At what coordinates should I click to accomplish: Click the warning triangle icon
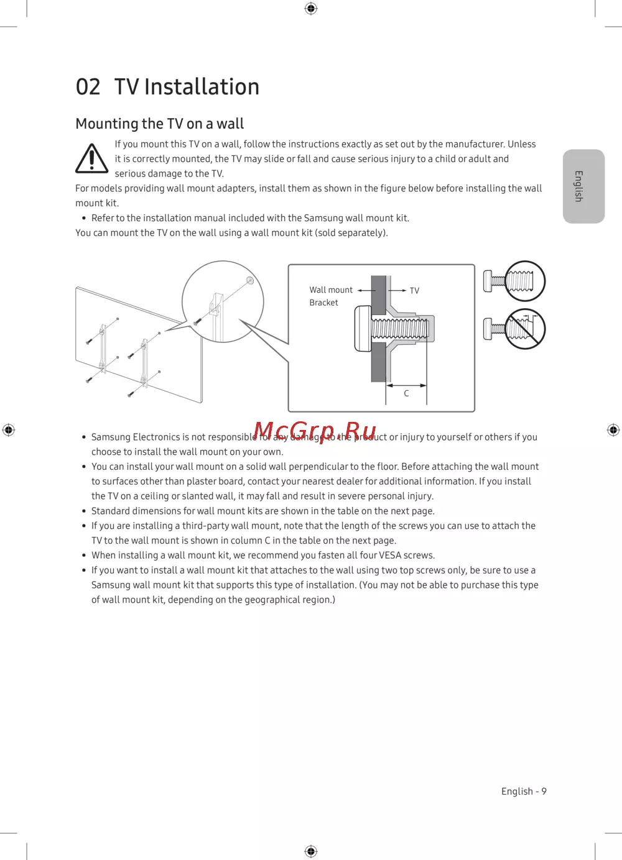pos(91,158)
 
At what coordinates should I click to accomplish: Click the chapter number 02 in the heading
pos(88,87)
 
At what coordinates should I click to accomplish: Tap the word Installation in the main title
pos(202,86)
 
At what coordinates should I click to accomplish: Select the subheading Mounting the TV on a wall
pos(159,124)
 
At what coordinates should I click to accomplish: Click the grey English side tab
pos(583,186)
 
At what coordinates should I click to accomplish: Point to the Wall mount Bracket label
pos(331,296)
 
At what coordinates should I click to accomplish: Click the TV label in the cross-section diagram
pos(414,291)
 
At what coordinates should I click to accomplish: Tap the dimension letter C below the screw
pos(406,393)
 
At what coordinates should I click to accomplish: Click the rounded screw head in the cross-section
pos(363,328)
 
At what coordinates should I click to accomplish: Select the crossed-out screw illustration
pos(514,329)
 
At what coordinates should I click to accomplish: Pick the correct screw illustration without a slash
pos(514,281)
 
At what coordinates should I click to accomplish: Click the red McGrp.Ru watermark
pos(315,431)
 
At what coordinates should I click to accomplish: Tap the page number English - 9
pos(524,791)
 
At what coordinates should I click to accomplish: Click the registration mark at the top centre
pos(311,8)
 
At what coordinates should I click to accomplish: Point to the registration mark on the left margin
pos(9,430)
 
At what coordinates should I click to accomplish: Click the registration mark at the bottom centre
pos(311,851)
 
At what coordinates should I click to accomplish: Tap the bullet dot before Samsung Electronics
pos(84,437)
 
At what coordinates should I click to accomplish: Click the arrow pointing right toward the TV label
pos(397,291)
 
